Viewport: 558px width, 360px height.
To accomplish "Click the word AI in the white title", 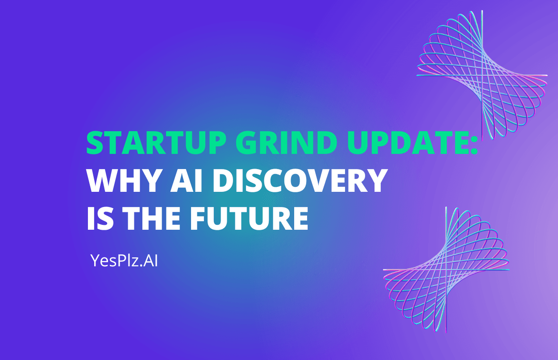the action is (x=186, y=180).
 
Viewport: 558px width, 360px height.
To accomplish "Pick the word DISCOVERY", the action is (x=300, y=180).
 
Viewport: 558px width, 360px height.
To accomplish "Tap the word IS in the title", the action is (x=100, y=218).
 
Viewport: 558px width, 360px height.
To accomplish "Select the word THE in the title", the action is (x=152, y=218).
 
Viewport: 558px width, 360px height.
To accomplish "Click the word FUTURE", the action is (x=250, y=218).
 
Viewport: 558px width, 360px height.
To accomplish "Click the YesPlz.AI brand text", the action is (x=124, y=261).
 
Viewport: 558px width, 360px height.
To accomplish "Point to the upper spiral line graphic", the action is (x=482, y=74).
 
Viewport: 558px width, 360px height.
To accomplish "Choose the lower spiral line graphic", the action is (x=446, y=270).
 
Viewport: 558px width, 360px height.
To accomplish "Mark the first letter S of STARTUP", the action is (x=95, y=143).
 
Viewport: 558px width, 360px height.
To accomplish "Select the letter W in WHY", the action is (x=104, y=180).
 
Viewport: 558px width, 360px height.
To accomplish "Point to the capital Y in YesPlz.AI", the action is (x=96, y=261).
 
